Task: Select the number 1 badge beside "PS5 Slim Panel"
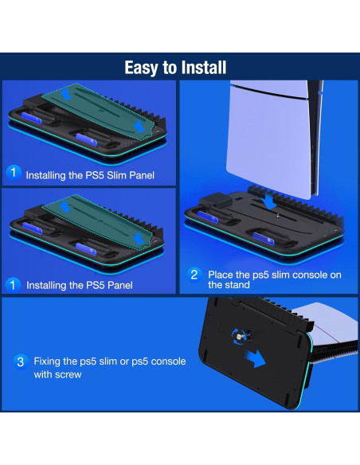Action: (x=13, y=173)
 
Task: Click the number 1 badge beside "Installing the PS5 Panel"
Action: (x=13, y=284)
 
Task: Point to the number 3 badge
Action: (x=22, y=361)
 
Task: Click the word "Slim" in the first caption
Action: (x=114, y=174)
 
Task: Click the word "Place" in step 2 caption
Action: (x=222, y=274)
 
